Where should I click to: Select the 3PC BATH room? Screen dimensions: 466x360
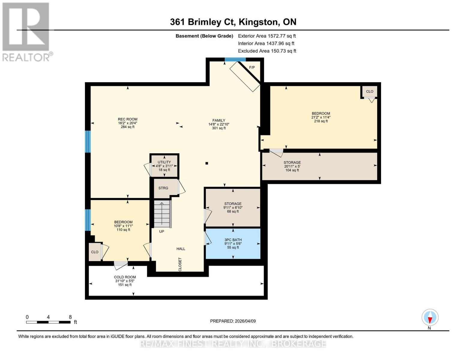point(233,244)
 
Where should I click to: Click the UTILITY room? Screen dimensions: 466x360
point(164,166)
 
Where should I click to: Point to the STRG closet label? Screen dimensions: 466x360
point(163,188)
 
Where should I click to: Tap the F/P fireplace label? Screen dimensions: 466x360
point(252,67)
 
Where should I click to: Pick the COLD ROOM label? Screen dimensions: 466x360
point(125,277)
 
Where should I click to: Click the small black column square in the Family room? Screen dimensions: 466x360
point(207,163)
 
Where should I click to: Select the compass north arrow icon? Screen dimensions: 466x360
point(430,317)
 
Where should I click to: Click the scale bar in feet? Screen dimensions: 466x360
point(48,322)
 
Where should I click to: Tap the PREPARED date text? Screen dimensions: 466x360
point(233,321)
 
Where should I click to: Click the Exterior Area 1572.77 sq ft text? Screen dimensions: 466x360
point(267,36)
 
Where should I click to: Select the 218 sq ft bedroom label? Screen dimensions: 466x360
point(321,121)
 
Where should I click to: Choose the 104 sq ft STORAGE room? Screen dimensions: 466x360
point(320,166)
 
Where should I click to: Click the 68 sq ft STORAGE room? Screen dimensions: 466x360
point(233,207)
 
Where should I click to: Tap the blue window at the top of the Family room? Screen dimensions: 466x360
point(235,59)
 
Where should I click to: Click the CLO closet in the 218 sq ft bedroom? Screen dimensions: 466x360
point(369,91)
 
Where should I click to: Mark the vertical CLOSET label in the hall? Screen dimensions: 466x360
point(180,264)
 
